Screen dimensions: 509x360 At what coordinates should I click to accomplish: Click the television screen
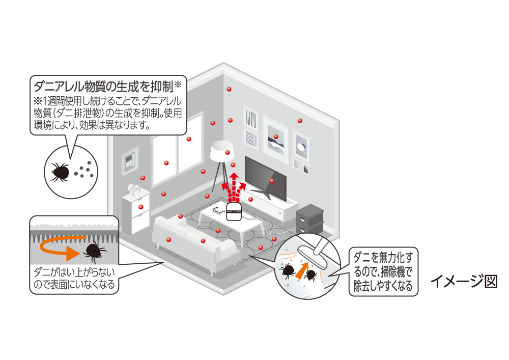pyautogui.click(x=265, y=176)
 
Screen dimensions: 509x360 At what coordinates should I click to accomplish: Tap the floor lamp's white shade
pyautogui.click(x=222, y=151)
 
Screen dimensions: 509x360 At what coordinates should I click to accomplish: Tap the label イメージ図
pyautogui.click(x=463, y=282)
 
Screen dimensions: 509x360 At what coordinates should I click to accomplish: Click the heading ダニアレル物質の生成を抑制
pyautogui.click(x=102, y=84)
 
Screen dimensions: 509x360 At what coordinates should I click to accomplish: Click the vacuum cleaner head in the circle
pyautogui.click(x=310, y=252)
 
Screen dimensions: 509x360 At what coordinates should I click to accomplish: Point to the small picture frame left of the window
pyautogui.click(x=130, y=160)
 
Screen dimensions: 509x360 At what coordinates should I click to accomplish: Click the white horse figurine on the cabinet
pyautogui.click(x=134, y=189)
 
